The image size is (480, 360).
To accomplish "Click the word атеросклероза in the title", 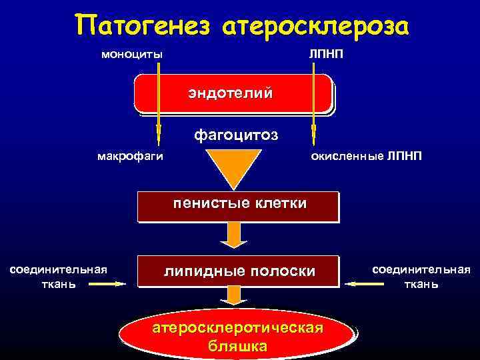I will coord(313,27).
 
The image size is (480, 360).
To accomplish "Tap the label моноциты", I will coord(131,54).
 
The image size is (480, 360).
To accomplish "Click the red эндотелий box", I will coord(233,93).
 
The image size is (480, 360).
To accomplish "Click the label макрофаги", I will coord(130,157).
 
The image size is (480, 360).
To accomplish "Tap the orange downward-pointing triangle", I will coord(233,169).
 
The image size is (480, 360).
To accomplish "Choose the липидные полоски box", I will coord(238,272).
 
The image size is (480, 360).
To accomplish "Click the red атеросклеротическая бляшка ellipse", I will coord(238,337).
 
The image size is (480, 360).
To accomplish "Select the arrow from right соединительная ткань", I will coord(364,284).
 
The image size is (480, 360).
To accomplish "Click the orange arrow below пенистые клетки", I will coord(233,235).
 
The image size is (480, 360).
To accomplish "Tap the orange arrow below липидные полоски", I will coord(233,296).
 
